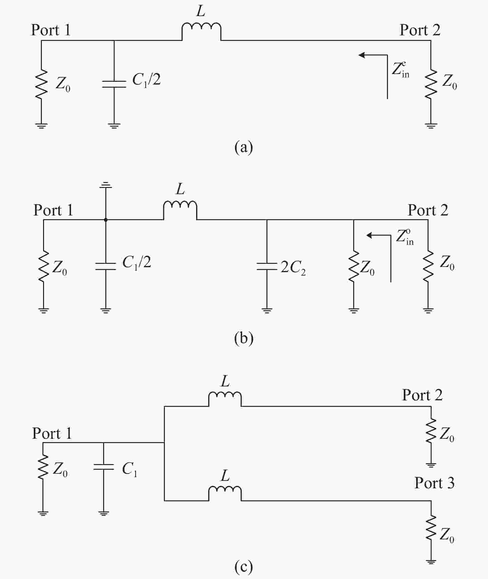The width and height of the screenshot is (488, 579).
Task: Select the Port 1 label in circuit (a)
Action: [x=51, y=30]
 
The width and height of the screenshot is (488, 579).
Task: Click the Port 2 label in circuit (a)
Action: [x=420, y=30]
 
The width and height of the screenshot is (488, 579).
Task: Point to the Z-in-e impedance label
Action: [x=401, y=70]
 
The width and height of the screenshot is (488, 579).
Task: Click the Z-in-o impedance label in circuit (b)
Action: [x=405, y=237]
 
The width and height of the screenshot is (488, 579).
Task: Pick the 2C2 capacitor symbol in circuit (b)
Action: [x=267, y=266]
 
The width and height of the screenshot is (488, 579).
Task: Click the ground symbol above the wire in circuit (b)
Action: [x=106, y=185]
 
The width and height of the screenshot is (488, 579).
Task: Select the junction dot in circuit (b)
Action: [x=106, y=220]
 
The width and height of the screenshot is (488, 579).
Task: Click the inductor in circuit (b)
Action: [x=180, y=210]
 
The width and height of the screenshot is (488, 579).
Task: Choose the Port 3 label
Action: [x=434, y=483]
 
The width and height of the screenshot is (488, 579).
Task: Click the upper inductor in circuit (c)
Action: [x=225, y=399]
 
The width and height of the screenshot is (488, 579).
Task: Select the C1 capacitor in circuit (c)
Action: [x=103, y=467]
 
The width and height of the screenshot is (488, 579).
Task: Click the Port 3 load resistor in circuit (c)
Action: [x=431, y=528]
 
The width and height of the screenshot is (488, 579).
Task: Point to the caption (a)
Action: [x=244, y=147]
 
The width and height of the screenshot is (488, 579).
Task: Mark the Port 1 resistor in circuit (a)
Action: [x=41, y=84]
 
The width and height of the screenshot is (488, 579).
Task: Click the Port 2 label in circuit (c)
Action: [x=422, y=395]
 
